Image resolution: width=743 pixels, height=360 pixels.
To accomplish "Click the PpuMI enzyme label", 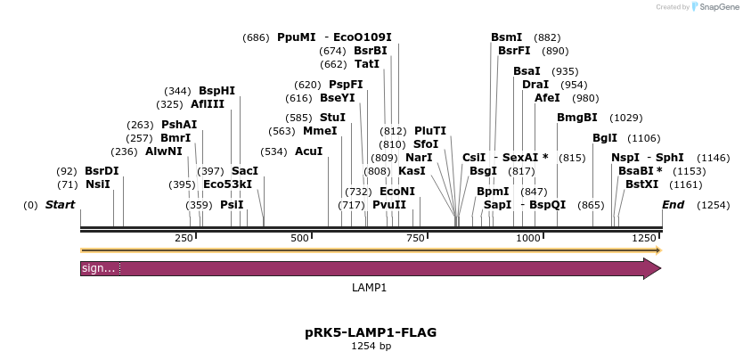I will [x=297, y=37].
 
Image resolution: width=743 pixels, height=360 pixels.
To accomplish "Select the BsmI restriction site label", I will [x=507, y=37].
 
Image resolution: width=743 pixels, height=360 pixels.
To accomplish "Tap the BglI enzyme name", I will [x=605, y=138].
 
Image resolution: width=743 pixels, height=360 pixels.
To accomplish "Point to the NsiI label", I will [x=98, y=184].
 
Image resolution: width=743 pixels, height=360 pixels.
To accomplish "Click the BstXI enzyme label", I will [x=642, y=184].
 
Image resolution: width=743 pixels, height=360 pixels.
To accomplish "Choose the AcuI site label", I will [x=308, y=151].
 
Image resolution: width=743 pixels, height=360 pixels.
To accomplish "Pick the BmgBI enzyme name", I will [x=576, y=118].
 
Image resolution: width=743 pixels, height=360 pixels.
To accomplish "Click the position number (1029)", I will [x=625, y=118].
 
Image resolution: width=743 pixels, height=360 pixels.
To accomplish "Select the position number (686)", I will [x=256, y=37].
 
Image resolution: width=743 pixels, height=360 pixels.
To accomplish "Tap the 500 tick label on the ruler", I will [x=299, y=238].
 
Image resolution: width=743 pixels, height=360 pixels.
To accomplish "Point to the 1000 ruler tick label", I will [x=528, y=238].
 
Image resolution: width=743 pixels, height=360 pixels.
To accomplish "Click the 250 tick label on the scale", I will [x=184, y=238].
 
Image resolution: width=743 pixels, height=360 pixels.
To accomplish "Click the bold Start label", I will [x=60, y=205].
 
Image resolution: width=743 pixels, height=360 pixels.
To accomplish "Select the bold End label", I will [x=674, y=205].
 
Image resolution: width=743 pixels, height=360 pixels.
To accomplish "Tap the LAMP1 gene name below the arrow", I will [x=370, y=288].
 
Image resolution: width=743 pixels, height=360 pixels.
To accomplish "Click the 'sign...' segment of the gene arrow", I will [x=99, y=268].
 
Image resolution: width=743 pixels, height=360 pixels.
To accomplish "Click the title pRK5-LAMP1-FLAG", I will [x=371, y=332].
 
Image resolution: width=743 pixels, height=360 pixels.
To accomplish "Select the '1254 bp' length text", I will [x=371, y=346].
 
